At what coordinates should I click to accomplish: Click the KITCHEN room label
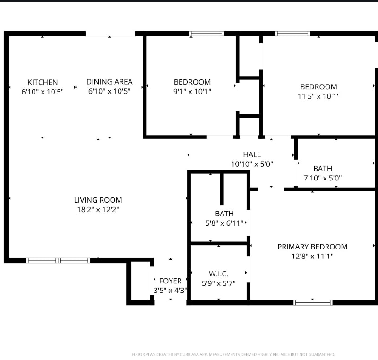point(43,82)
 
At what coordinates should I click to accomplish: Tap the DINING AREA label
point(110,82)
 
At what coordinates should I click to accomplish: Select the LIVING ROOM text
point(98,200)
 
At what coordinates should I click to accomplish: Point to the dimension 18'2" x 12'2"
point(98,210)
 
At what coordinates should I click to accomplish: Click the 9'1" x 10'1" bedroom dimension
point(192,92)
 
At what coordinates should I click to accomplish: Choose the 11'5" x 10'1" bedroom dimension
point(319,96)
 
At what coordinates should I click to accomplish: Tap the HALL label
point(252,154)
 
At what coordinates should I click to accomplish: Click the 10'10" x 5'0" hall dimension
point(252,164)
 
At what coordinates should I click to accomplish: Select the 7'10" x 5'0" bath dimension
point(323,178)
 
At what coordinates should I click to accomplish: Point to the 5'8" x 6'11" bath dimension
point(224,223)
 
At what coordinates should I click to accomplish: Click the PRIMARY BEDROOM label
point(312,247)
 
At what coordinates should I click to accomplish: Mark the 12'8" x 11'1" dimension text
point(312,257)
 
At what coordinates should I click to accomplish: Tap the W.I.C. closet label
point(219,274)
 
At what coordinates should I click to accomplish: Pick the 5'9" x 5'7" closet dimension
point(219,283)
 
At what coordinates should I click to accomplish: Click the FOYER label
point(170,281)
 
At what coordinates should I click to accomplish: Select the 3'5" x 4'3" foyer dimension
point(170,291)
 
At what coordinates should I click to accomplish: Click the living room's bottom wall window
point(58,260)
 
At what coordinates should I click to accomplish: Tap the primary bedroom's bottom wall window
point(312,302)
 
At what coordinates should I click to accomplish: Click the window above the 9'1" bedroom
point(206,34)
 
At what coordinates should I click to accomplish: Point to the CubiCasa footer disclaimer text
point(233,354)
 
